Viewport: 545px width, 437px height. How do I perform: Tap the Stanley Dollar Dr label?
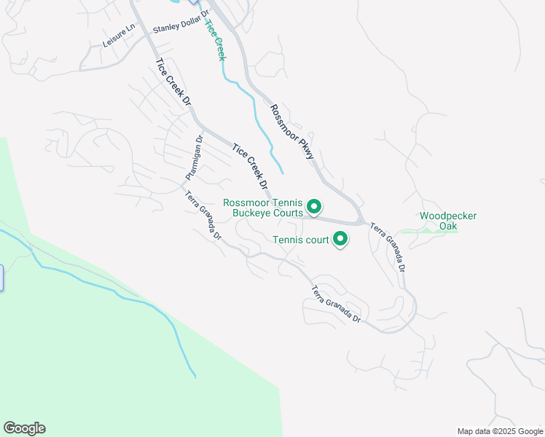181,21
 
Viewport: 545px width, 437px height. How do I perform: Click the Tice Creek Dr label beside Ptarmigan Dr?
250,167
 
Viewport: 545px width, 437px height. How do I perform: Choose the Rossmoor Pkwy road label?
291,131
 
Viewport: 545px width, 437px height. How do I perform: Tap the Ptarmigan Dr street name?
192,159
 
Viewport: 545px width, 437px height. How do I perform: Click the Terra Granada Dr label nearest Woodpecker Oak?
388,248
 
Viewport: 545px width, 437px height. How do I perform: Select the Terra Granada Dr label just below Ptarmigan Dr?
203,216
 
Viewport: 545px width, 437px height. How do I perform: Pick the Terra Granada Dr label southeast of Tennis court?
336,305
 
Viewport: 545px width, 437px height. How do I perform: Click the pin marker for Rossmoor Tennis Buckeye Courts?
314,207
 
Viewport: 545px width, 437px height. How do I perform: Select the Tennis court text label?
301,239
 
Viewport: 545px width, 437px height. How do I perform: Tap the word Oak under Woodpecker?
449,226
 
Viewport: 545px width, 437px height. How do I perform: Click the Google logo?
24,428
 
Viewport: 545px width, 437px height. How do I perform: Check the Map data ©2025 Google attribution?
499,431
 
